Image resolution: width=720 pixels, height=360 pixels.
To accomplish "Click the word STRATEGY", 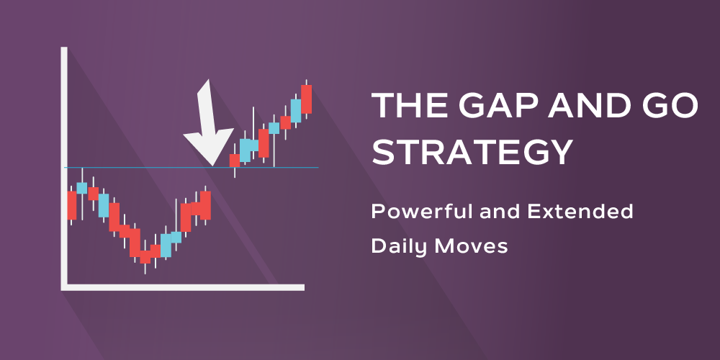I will point(472,153).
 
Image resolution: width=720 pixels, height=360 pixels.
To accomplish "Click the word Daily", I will point(397,246).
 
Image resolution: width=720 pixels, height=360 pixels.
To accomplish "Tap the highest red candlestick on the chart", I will point(307,99).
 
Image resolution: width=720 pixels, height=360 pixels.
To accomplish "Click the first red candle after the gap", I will point(233,160).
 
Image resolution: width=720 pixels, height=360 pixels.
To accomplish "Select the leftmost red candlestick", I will point(71,205).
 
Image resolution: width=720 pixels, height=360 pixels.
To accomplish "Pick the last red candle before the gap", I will point(206,205).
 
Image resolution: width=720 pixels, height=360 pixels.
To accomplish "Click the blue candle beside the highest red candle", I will point(296,110).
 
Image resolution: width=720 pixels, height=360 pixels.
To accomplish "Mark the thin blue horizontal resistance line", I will point(144,167).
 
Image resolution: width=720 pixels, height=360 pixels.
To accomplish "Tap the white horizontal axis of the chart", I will point(180,287).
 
